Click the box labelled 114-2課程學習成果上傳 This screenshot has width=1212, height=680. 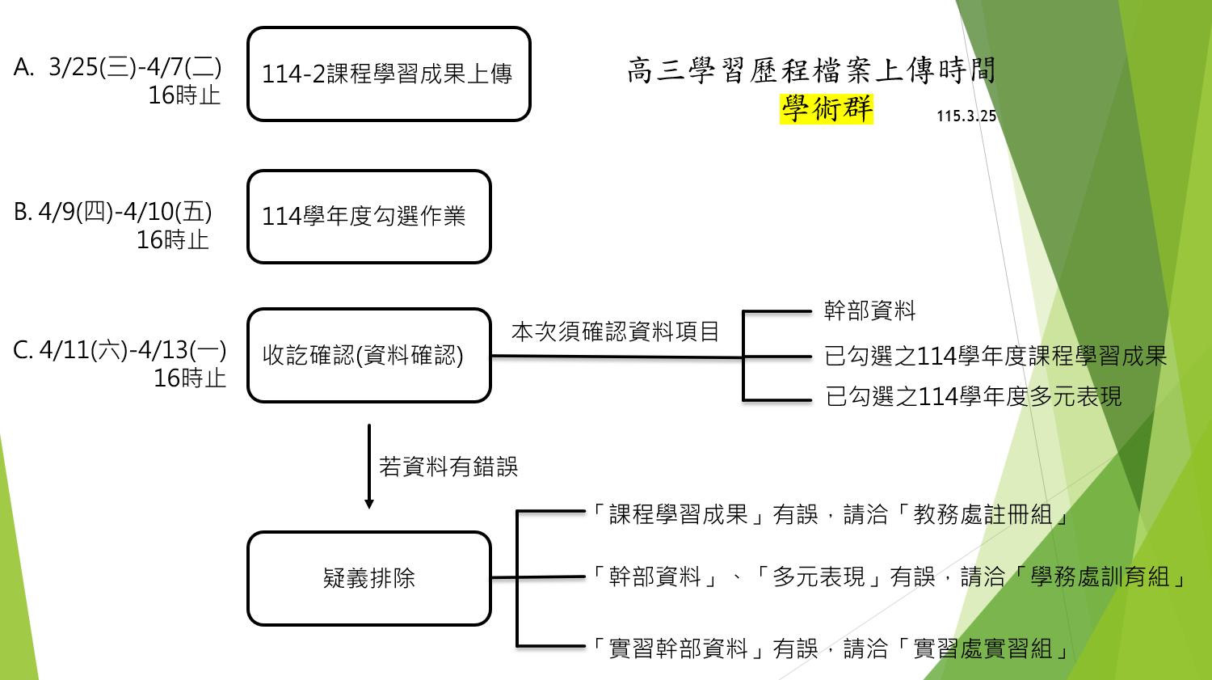click(x=388, y=74)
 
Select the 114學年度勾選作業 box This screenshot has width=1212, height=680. click(x=368, y=217)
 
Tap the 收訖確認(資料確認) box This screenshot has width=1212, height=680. click(x=368, y=355)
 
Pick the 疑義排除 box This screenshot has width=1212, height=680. click(x=368, y=578)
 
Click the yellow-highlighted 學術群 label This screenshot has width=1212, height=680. click(x=827, y=108)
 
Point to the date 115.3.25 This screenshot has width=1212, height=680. click(x=966, y=116)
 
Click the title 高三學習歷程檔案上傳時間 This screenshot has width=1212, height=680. click(x=811, y=70)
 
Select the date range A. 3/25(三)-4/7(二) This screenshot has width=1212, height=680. click(x=117, y=67)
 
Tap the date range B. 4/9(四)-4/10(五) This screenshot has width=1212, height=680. click(x=113, y=212)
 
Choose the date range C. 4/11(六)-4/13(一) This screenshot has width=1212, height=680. click(x=120, y=350)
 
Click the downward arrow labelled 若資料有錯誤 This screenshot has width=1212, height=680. click(x=369, y=467)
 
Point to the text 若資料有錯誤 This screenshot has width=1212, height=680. click(x=448, y=467)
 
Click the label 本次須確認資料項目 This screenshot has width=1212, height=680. click(x=615, y=332)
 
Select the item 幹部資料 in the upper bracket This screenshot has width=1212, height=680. click(x=869, y=310)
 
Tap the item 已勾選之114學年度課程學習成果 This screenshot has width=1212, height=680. click(x=995, y=356)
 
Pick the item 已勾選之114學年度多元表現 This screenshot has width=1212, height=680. click(x=973, y=396)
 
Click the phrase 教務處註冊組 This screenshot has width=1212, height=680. click(x=983, y=514)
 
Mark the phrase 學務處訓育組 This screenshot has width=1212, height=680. click(x=1100, y=577)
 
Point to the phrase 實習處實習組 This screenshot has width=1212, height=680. click(x=983, y=648)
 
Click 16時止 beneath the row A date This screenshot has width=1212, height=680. click(x=184, y=95)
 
